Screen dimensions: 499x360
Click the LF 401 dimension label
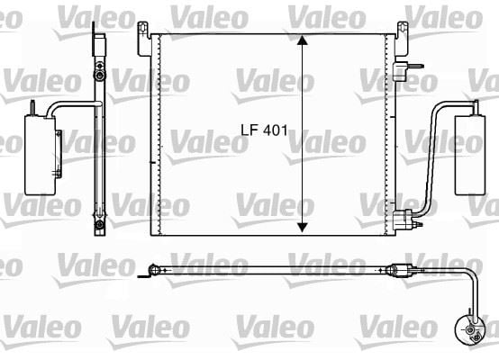pos(264,130)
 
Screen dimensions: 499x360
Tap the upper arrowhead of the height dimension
pos(303,40)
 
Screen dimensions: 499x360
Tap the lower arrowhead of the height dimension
pos(303,227)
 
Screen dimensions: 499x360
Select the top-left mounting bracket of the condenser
pos(144,38)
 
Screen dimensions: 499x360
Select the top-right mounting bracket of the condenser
pos(402,38)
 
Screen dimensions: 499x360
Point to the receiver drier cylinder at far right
pos(470,155)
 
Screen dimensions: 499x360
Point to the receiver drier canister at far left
pos(41,155)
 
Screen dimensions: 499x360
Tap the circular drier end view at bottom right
pos(470,329)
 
